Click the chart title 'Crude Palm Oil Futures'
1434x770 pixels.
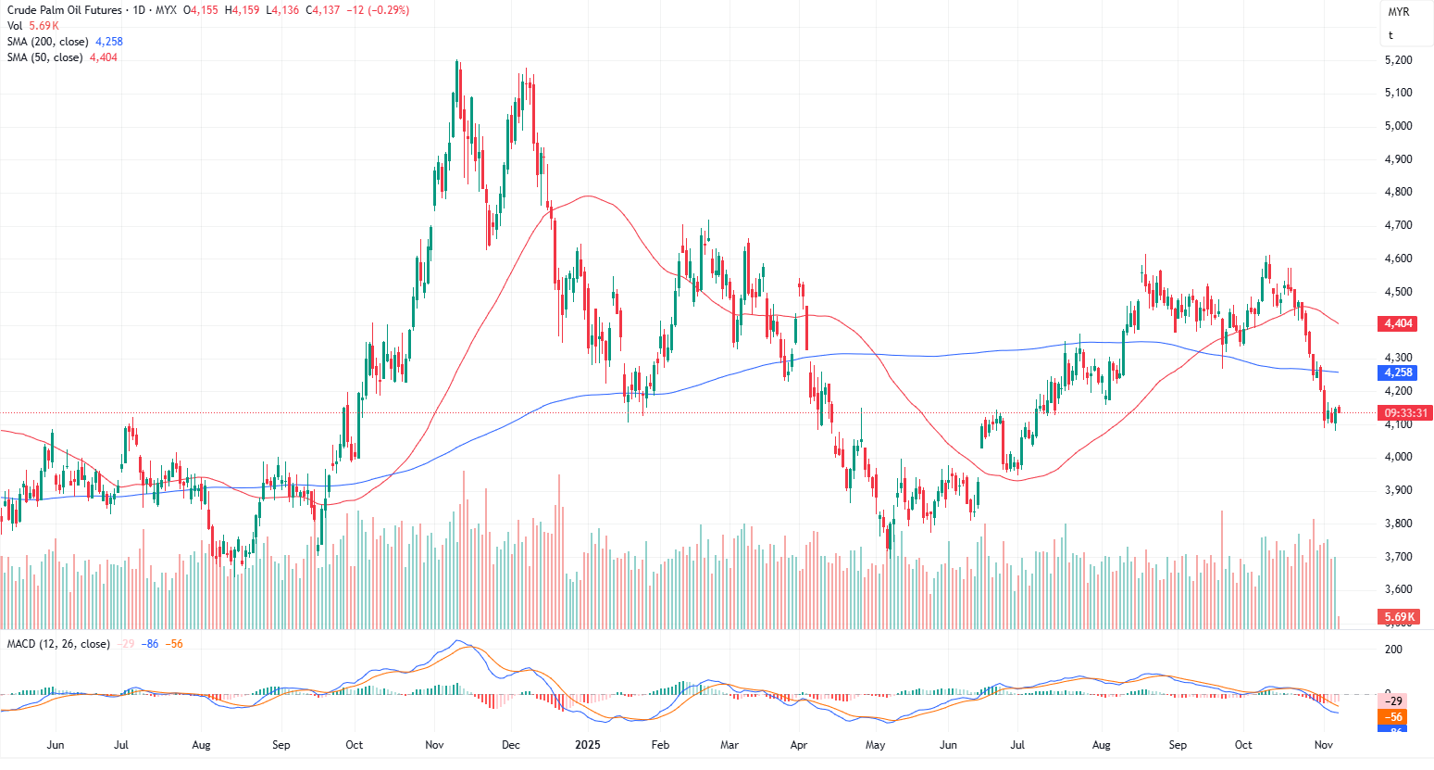coord(64,10)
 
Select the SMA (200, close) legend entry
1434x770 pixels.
coord(48,42)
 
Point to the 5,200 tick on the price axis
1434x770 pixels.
coord(1398,60)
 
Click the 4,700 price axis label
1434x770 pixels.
coord(1398,225)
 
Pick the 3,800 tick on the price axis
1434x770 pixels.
coord(1398,524)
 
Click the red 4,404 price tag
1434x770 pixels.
coord(1398,323)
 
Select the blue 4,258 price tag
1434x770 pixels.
coord(1398,372)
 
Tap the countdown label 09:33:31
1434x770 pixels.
coord(1405,413)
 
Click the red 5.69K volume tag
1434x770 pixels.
coord(1399,617)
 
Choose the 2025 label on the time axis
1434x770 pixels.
coord(587,745)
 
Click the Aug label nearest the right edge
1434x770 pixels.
coord(1101,745)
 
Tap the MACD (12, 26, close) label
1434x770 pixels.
coord(58,644)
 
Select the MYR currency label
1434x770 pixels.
coord(1398,12)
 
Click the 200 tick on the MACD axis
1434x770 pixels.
coord(1393,650)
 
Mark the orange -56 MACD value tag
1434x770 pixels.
coord(1393,717)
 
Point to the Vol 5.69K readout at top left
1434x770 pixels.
coord(33,26)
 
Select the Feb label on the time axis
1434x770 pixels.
coord(660,745)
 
